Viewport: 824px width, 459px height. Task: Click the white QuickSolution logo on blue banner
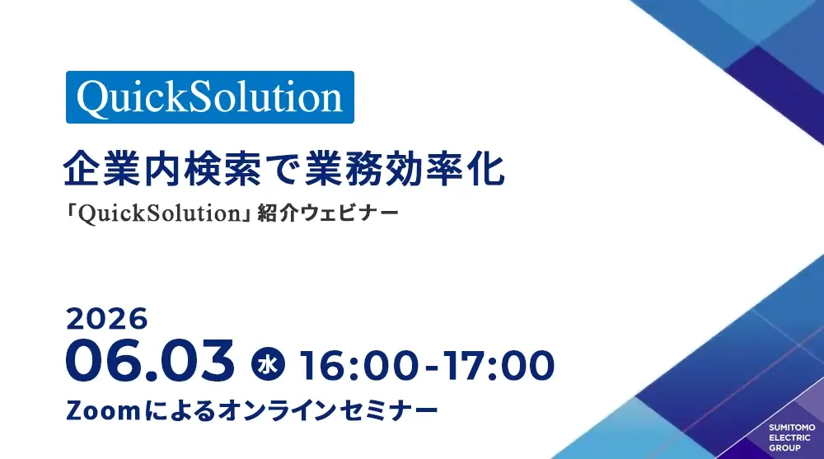(x=209, y=97)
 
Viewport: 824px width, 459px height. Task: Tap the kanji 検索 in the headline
(x=224, y=169)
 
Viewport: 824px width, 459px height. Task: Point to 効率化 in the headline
(x=445, y=169)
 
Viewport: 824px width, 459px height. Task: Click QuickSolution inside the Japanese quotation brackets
(x=159, y=213)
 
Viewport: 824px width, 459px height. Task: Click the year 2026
(x=106, y=319)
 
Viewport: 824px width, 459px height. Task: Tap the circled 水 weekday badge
(x=268, y=364)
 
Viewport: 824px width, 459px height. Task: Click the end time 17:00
(x=498, y=365)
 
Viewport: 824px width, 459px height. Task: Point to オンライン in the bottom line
(x=278, y=410)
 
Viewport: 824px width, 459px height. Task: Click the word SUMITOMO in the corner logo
(x=792, y=428)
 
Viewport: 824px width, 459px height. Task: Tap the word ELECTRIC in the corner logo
(x=790, y=438)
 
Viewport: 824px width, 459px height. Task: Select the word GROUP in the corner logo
(x=785, y=448)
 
